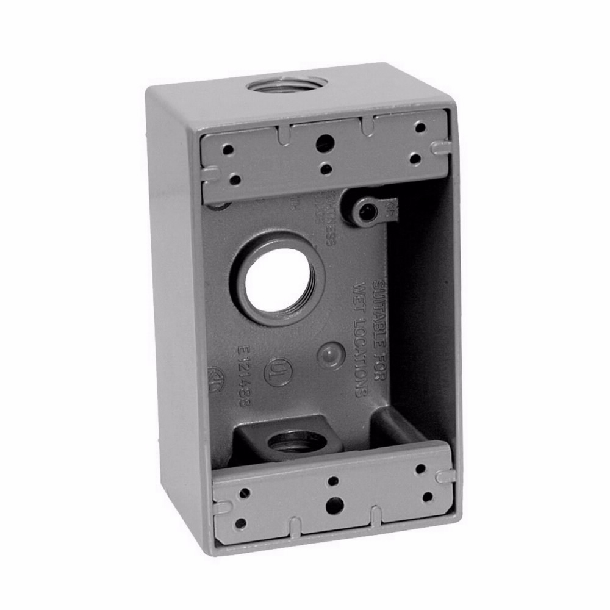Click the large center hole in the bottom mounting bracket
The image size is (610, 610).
333,504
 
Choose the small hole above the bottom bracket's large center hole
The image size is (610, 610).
333,481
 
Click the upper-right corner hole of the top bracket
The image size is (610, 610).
420,127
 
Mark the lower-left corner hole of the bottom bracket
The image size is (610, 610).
241,523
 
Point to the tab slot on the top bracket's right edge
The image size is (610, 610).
440,147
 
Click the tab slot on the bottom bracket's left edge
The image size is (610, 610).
221,506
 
